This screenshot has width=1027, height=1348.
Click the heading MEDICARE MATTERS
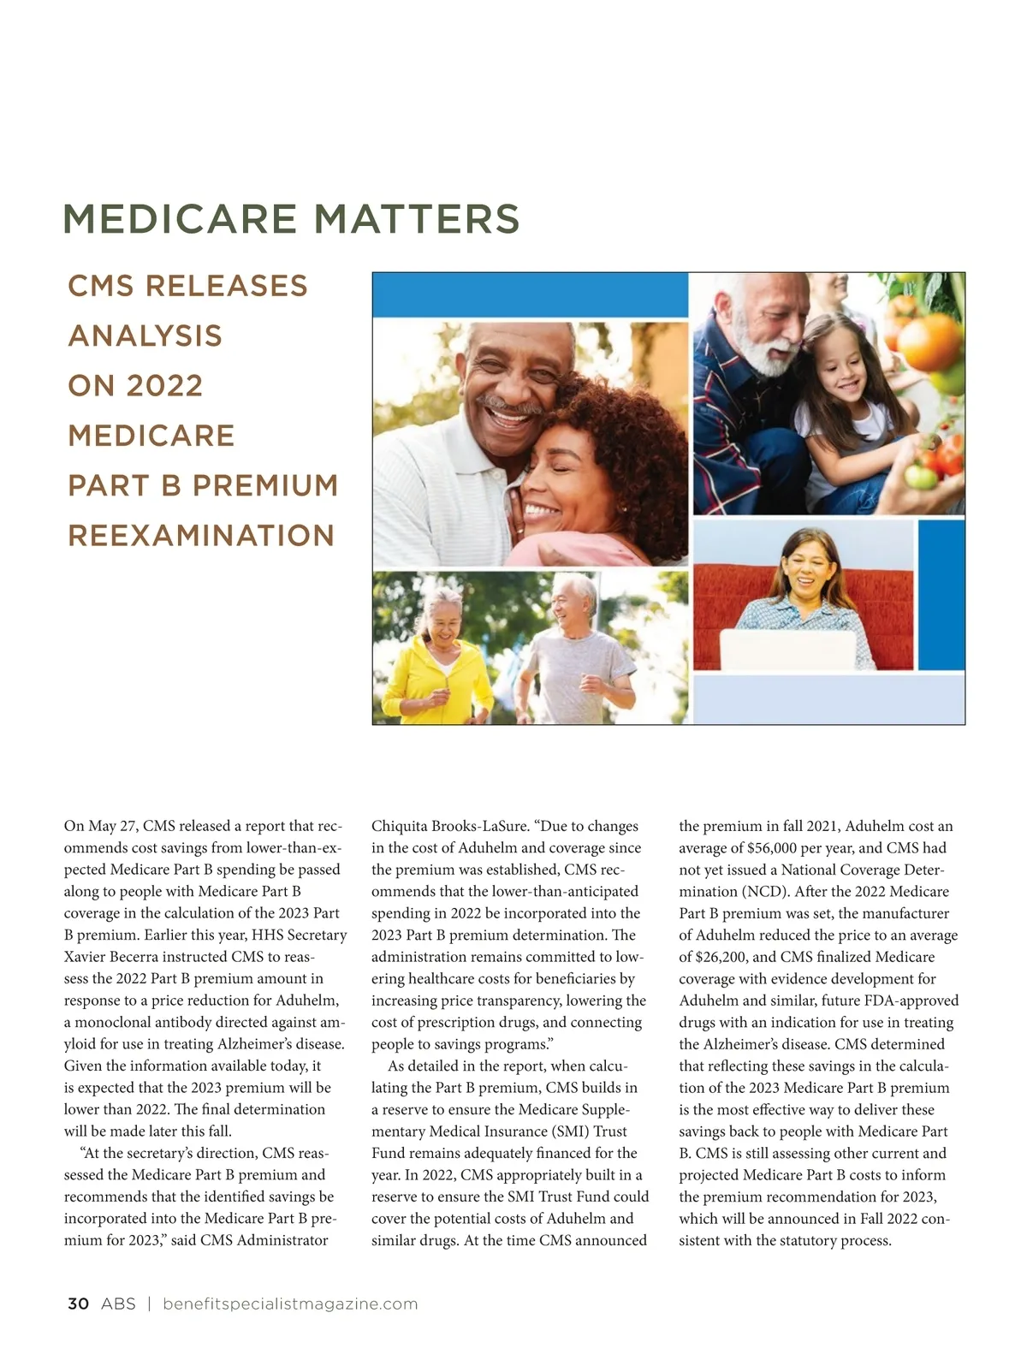tap(291, 219)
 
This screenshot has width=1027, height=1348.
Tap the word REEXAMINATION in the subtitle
tap(201, 536)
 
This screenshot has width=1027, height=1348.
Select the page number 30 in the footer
tap(78, 1303)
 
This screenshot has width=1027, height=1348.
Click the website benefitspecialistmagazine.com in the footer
tap(290, 1303)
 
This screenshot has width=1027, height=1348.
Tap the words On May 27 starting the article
tap(101, 826)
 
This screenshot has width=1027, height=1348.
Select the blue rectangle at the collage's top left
tap(530, 296)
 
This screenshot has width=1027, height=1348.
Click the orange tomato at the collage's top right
tap(931, 341)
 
